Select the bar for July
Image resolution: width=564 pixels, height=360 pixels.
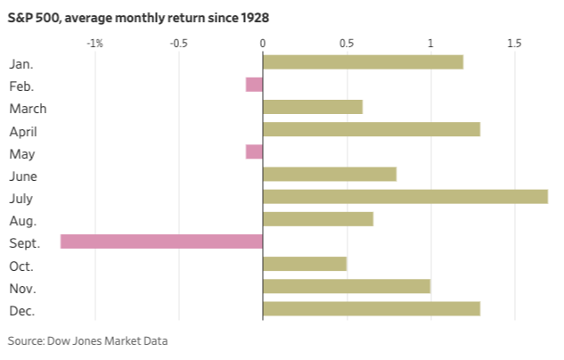405,197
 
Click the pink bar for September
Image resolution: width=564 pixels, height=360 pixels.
161,241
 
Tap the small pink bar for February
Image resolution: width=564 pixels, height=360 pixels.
254,85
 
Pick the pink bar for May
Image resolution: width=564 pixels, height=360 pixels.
254,151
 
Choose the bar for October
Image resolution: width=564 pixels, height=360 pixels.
305,264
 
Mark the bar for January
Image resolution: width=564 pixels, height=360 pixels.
364,62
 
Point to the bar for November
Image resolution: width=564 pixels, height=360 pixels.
347,286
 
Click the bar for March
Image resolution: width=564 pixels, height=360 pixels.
313,107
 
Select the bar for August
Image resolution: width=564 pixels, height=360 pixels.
318,219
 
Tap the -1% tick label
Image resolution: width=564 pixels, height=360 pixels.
95,44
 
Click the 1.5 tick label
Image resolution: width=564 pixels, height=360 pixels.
514,44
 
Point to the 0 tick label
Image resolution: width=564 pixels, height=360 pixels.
263,44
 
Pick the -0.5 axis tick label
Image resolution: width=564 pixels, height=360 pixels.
179,44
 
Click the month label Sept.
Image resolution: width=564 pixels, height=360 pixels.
24,243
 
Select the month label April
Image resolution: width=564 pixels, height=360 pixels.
23,132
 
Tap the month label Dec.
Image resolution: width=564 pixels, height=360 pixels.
22,311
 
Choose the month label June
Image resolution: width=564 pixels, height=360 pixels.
23,176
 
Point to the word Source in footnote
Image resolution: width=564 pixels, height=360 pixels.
26,340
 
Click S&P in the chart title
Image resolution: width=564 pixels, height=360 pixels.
20,18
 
